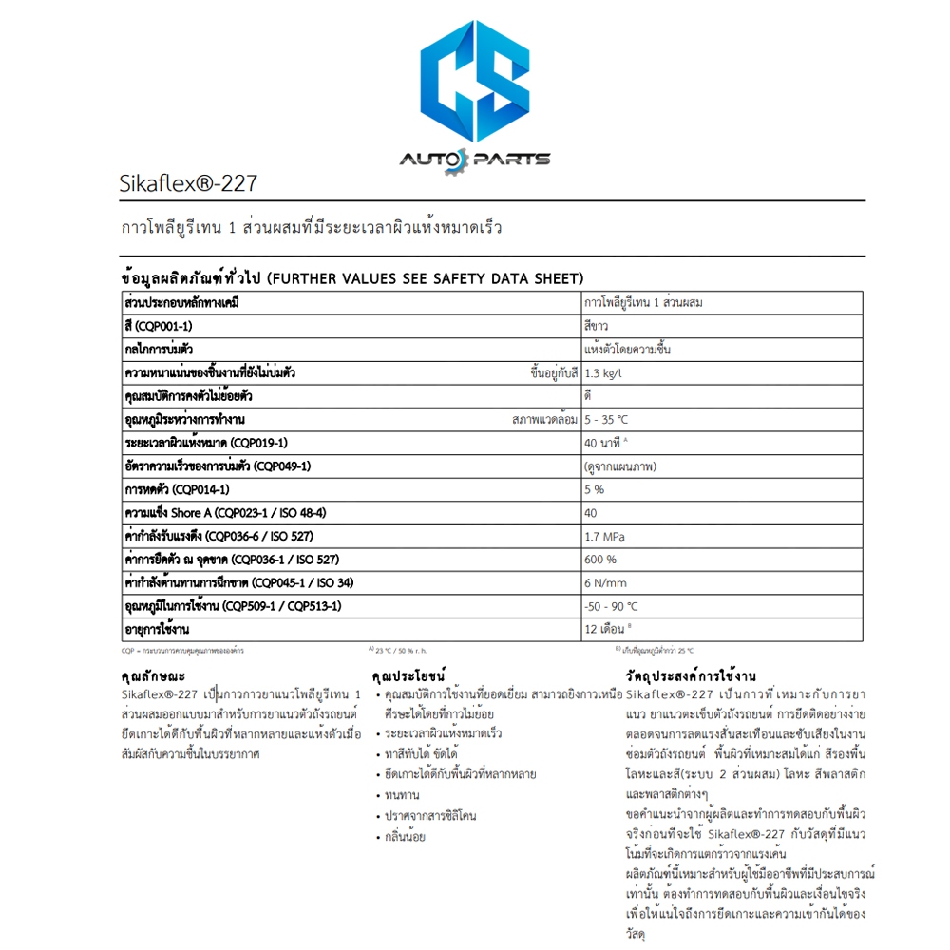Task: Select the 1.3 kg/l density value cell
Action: click(x=604, y=372)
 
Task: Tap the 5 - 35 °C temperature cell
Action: click(x=607, y=419)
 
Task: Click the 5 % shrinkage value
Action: click(x=595, y=489)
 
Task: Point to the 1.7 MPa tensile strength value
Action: click(x=604, y=536)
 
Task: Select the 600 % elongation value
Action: click(x=600, y=560)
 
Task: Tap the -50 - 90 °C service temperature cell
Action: click(x=612, y=606)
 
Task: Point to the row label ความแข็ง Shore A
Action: click(x=225, y=513)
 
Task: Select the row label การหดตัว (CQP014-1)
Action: click(x=177, y=489)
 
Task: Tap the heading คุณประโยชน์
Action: click(x=408, y=676)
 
